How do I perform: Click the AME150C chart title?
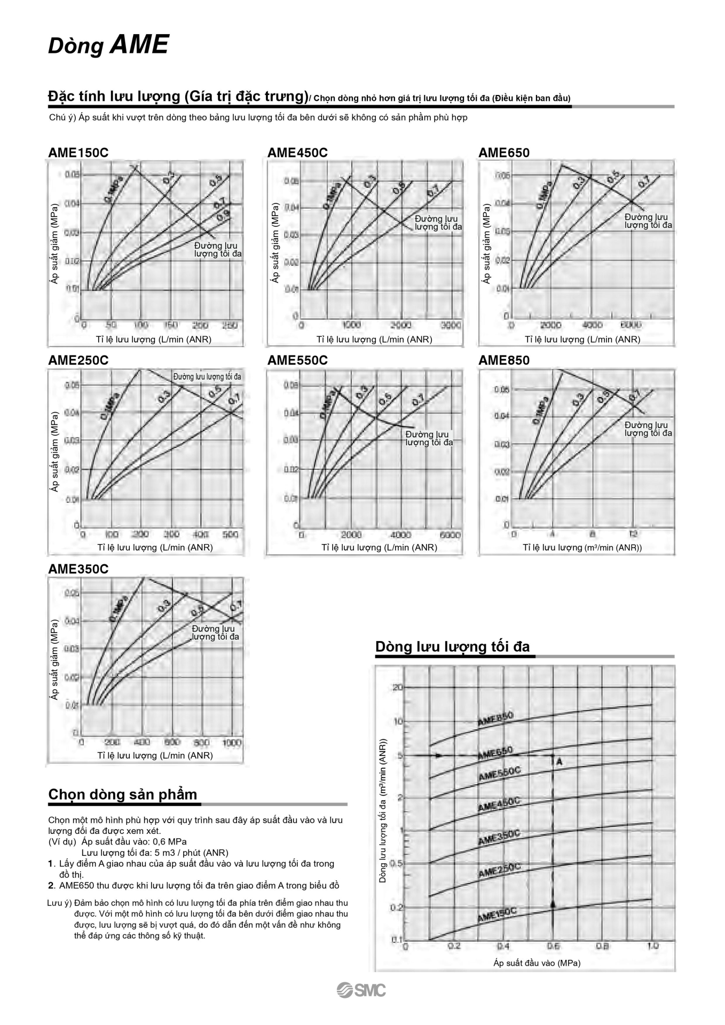click(78, 153)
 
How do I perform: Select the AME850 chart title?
click(503, 360)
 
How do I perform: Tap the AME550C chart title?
click(297, 360)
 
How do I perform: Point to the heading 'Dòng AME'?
click(108, 45)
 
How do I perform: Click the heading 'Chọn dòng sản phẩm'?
click(122, 794)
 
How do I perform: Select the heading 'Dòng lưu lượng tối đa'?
click(452, 646)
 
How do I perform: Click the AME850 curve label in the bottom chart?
click(495, 719)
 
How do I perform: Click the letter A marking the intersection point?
click(559, 762)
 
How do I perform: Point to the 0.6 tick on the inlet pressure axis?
click(553, 946)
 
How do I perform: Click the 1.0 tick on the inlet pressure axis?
click(652, 945)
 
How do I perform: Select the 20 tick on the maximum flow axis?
click(398, 687)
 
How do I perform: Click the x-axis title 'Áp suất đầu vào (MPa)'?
click(537, 963)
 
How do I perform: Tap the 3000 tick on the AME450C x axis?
click(451, 325)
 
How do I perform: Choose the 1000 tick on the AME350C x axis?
click(232, 743)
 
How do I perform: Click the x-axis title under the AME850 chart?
click(582, 547)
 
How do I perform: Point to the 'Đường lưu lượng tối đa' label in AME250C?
click(207, 377)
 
